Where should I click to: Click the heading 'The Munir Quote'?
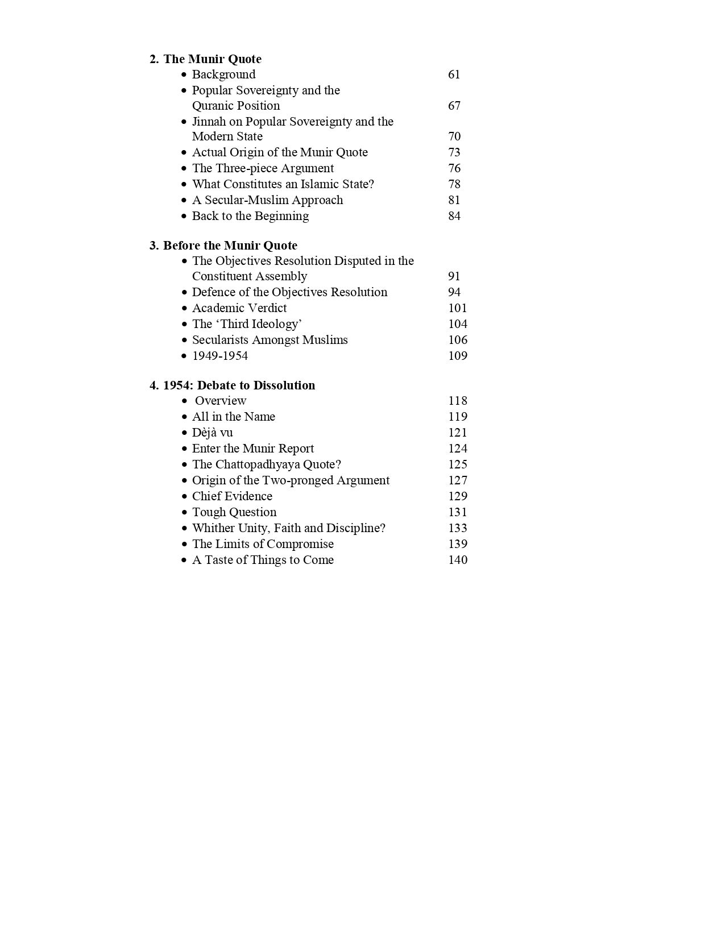[212, 59]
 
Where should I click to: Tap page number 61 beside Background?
[454, 74]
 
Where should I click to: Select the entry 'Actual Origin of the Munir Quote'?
[280, 152]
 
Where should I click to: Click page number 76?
[454, 168]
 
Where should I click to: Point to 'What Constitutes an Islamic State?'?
[283, 184]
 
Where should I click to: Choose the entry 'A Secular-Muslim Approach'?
[267, 200]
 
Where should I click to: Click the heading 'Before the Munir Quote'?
[230, 246]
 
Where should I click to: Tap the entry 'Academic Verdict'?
[239, 308]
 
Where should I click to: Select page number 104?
[457, 324]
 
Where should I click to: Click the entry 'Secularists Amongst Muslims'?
[270, 340]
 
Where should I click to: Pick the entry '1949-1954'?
[220, 356]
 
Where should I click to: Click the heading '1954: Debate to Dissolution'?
[239, 385]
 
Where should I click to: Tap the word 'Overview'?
[221, 401]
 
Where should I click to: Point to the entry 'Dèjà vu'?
[212, 433]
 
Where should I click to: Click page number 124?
[457, 449]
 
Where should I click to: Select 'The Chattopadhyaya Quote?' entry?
[266, 464]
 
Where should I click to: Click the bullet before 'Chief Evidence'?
[184, 497]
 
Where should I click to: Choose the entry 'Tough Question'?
[234, 512]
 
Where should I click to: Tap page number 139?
[457, 544]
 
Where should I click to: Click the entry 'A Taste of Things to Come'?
[263, 560]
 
